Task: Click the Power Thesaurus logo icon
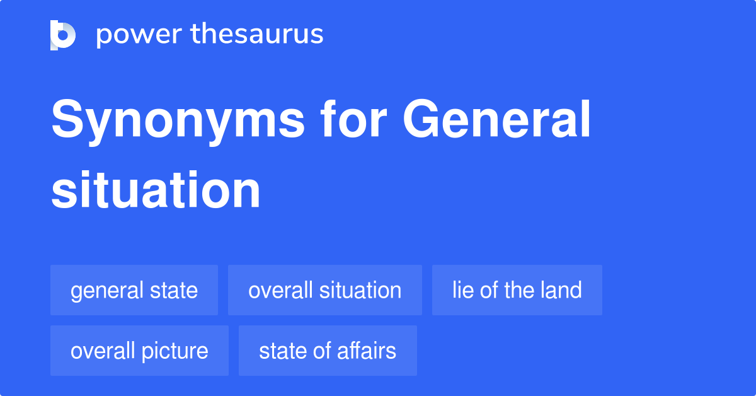click(63, 35)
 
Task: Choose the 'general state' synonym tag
click(134, 291)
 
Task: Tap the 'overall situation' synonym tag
click(324, 291)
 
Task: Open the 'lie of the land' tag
click(517, 291)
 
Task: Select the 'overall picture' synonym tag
click(139, 351)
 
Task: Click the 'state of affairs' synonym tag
click(328, 351)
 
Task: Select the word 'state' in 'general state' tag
click(174, 291)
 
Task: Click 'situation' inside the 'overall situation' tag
click(360, 291)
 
